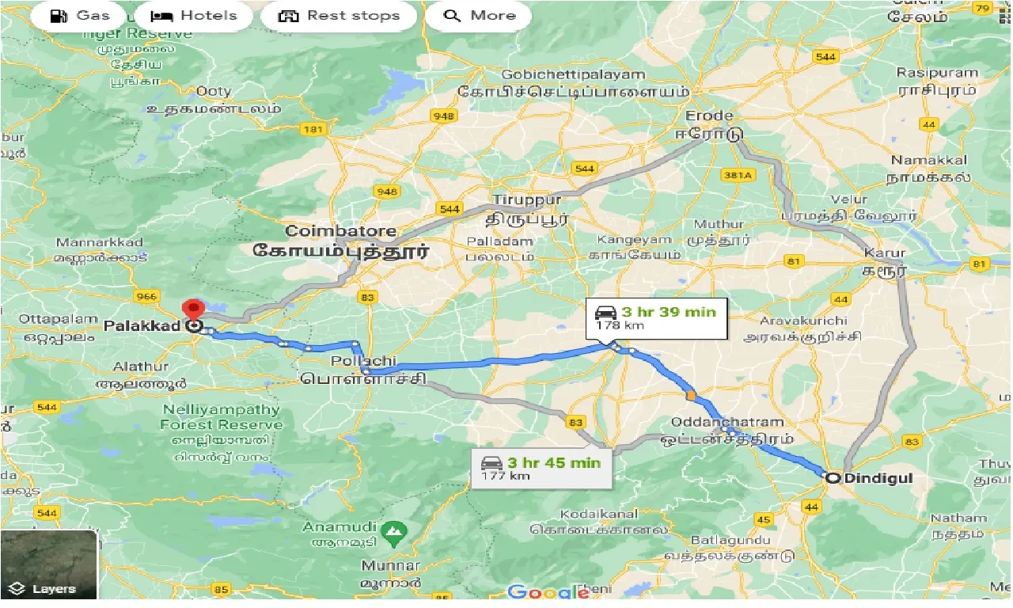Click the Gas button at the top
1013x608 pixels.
78,16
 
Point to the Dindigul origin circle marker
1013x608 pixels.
832,478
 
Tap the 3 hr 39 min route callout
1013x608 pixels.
656,317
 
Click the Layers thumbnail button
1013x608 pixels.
49,564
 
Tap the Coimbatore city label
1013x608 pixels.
341,231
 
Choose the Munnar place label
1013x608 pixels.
390,566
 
